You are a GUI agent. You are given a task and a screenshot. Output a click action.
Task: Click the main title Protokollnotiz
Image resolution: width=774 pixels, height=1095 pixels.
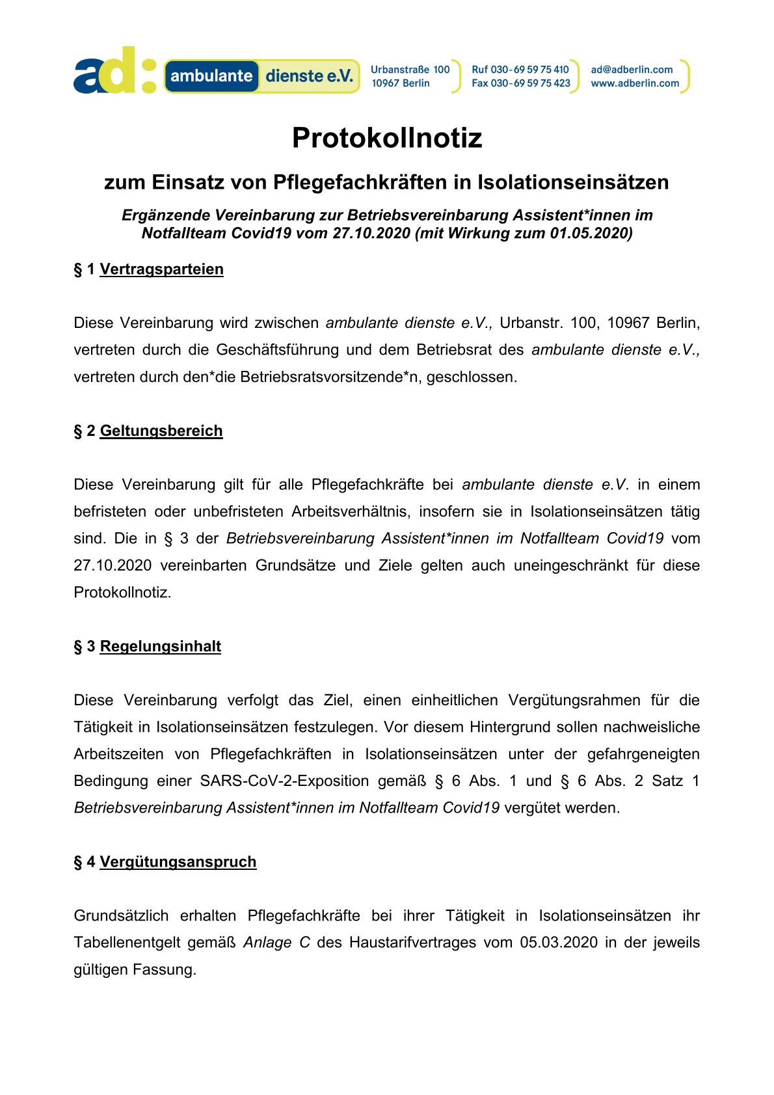tap(387, 138)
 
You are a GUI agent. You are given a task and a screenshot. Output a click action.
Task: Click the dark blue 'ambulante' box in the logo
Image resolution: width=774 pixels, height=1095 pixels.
tap(211, 76)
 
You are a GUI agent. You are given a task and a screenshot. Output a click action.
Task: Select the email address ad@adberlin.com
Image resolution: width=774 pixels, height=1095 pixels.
tap(632, 70)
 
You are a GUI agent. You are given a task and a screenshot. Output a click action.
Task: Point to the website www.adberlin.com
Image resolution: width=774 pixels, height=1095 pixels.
tap(635, 83)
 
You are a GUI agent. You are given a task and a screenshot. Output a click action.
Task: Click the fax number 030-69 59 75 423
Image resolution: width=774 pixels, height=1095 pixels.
tap(531, 83)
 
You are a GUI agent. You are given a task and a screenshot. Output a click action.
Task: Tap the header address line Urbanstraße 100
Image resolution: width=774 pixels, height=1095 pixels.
tap(410, 70)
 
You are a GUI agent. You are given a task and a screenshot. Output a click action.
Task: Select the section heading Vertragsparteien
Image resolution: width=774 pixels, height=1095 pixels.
tap(161, 269)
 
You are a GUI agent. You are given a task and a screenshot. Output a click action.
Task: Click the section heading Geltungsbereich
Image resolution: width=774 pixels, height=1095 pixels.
tap(161, 431)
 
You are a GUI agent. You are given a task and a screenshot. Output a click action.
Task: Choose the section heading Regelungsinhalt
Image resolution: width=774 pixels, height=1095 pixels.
tap(161, 646)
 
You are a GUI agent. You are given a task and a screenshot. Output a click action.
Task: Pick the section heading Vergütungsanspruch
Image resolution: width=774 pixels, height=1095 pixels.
tap(178, 861)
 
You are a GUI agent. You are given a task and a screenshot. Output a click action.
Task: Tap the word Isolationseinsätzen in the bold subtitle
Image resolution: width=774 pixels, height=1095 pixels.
tap(573, 182)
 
